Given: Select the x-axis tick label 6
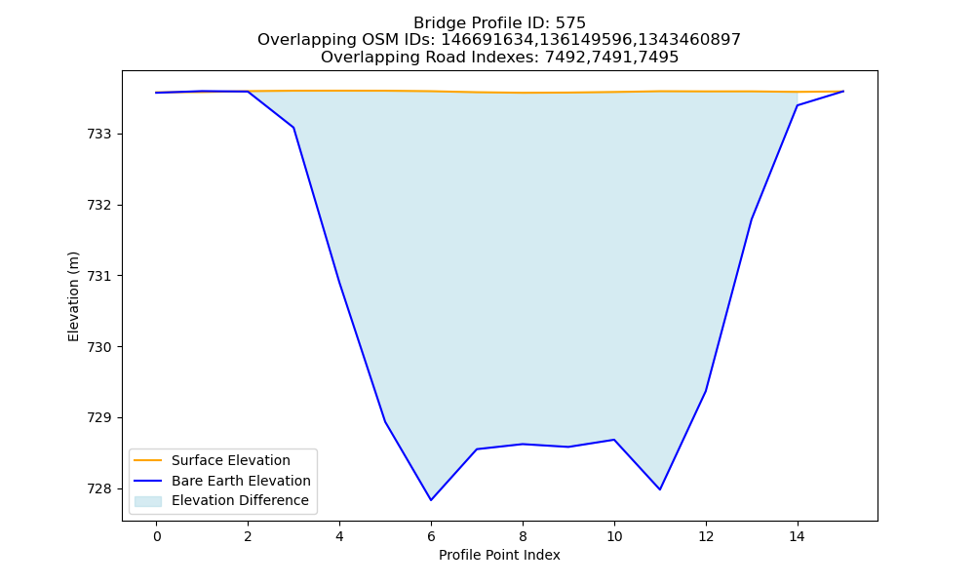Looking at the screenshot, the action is (x=431, y=536).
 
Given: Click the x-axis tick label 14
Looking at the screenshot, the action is (x=798, y=536).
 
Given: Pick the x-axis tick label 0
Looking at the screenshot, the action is (x=157, y=536).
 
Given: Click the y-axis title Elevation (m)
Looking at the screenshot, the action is (x=73, y=296).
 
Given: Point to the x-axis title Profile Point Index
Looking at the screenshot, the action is (x=499, y=555).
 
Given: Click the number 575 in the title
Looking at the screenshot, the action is (x=570, y=23).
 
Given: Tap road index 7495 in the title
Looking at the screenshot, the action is (x=658, y=58).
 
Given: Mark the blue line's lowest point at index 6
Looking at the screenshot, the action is (x=431, y=500).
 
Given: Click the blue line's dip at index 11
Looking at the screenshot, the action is (x=660, y=489).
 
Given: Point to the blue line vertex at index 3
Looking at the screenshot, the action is (x=293, y=128).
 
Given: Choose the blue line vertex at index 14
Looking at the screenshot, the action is (x=798, y=105).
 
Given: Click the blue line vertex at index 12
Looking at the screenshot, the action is (x=706, y=390).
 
